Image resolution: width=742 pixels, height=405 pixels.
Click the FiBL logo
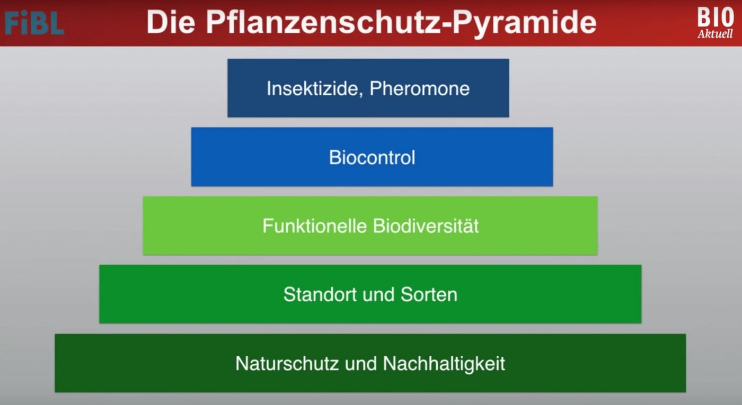[x=34, y=23]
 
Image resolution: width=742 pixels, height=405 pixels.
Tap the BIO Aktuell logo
[x=715, y=23]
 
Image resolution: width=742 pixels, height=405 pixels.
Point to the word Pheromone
[x=419, y=88]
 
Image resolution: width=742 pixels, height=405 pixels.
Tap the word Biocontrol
[x=372, y=157]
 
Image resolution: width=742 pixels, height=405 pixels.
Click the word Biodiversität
[x=426, y=226]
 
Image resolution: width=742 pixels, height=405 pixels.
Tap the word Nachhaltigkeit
[x=444, y=364]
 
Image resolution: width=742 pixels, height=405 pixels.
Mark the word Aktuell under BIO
[x=715, y=34]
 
